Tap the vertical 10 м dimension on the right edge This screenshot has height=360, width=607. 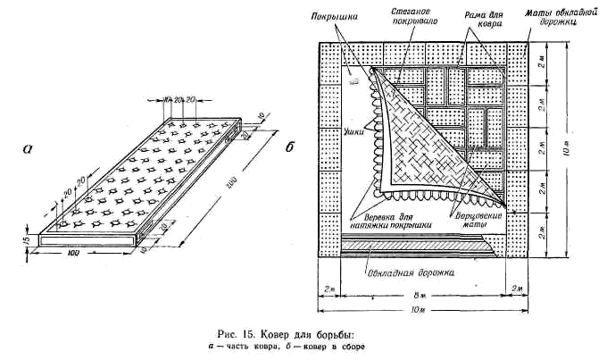click(581, 154)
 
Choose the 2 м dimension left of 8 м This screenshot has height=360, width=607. click(328, 290)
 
